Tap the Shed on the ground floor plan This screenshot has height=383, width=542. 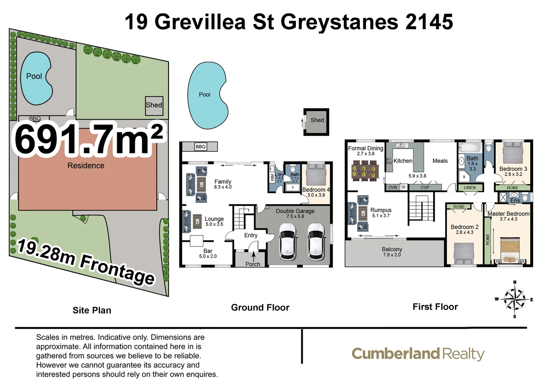coord(317,122)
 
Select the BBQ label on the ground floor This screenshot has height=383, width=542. coord(200,146)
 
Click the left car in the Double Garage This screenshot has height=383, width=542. coord(288,241)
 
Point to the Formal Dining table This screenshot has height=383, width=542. coord(364,170)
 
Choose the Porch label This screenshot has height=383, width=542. coord(253,264)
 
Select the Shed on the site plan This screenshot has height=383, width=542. coord(154,106)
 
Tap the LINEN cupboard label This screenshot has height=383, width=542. coord(470,188)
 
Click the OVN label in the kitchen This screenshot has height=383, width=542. coord(393,187)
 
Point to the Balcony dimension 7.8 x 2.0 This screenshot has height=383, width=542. coord(392,255)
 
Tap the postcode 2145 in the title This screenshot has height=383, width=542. coord(429,22)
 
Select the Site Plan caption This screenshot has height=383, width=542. coord(92,310)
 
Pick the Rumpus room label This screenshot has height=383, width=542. coord(381,210)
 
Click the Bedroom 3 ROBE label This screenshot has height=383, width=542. coord(512,188)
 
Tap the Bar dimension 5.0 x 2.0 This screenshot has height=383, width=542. coord(208,256)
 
